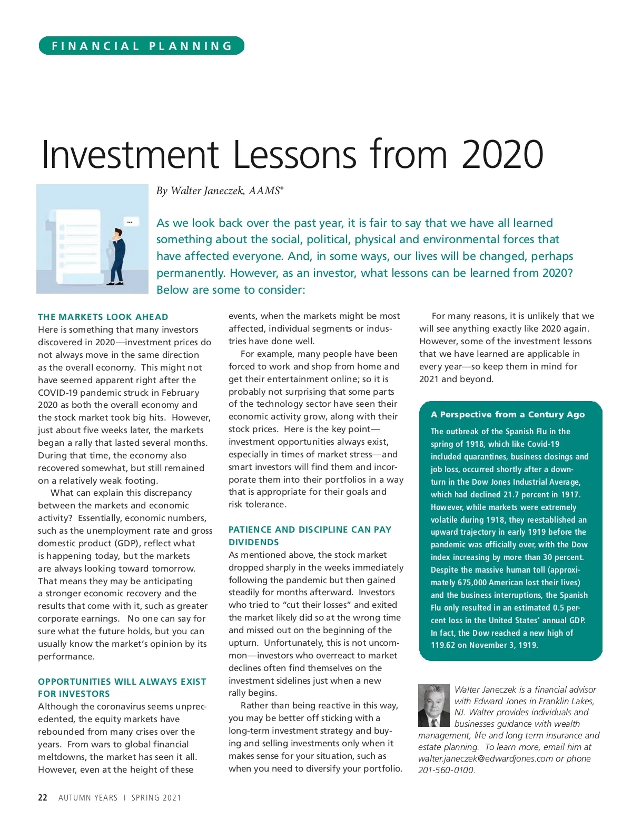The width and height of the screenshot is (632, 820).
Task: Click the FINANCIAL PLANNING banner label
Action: click(142, 46)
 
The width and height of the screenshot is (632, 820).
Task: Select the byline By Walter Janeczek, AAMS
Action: click(220, 191)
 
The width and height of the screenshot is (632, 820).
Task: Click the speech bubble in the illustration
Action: click(131, 221)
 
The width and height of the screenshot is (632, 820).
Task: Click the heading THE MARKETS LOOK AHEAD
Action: click(103, 317)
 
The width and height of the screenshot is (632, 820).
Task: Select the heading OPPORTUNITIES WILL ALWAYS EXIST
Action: click(122, 682)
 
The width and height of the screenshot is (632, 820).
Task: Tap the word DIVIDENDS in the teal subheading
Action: click(254, 542)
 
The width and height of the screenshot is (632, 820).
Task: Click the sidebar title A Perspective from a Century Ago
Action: click(508, 414)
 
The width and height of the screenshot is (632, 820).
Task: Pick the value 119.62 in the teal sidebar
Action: click(442, 645)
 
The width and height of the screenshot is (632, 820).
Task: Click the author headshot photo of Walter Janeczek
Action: click(433, 705)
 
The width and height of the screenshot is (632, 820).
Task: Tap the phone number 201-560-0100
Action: click(446, 770)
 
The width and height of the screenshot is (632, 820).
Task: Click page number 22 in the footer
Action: click(43, 797)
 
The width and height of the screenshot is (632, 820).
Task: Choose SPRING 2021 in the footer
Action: click(156, 797)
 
